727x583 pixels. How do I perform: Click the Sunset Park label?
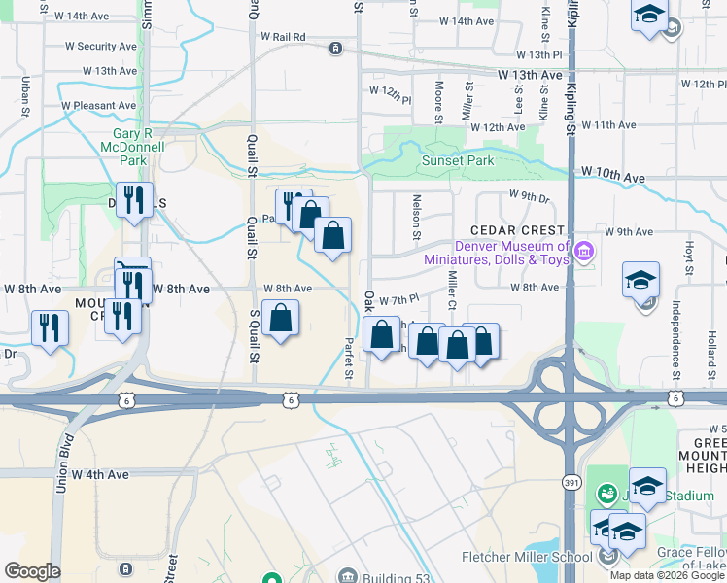[x=457, y=161]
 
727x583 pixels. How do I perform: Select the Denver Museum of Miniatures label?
[x=494, y=253]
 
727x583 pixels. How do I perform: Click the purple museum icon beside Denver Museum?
[x=584, y=253]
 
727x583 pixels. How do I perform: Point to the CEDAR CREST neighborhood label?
[x=517, y=230]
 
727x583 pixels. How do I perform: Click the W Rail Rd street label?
[x=283, y=37]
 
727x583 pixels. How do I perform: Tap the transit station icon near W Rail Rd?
[x=335, y=47]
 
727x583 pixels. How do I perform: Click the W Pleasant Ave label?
[x=98, y=105]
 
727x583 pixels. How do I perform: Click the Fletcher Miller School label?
[x=526, y=557]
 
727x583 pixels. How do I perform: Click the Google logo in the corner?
[x=32, y=571]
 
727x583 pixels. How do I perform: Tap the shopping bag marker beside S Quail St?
[x=280, y=318]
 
